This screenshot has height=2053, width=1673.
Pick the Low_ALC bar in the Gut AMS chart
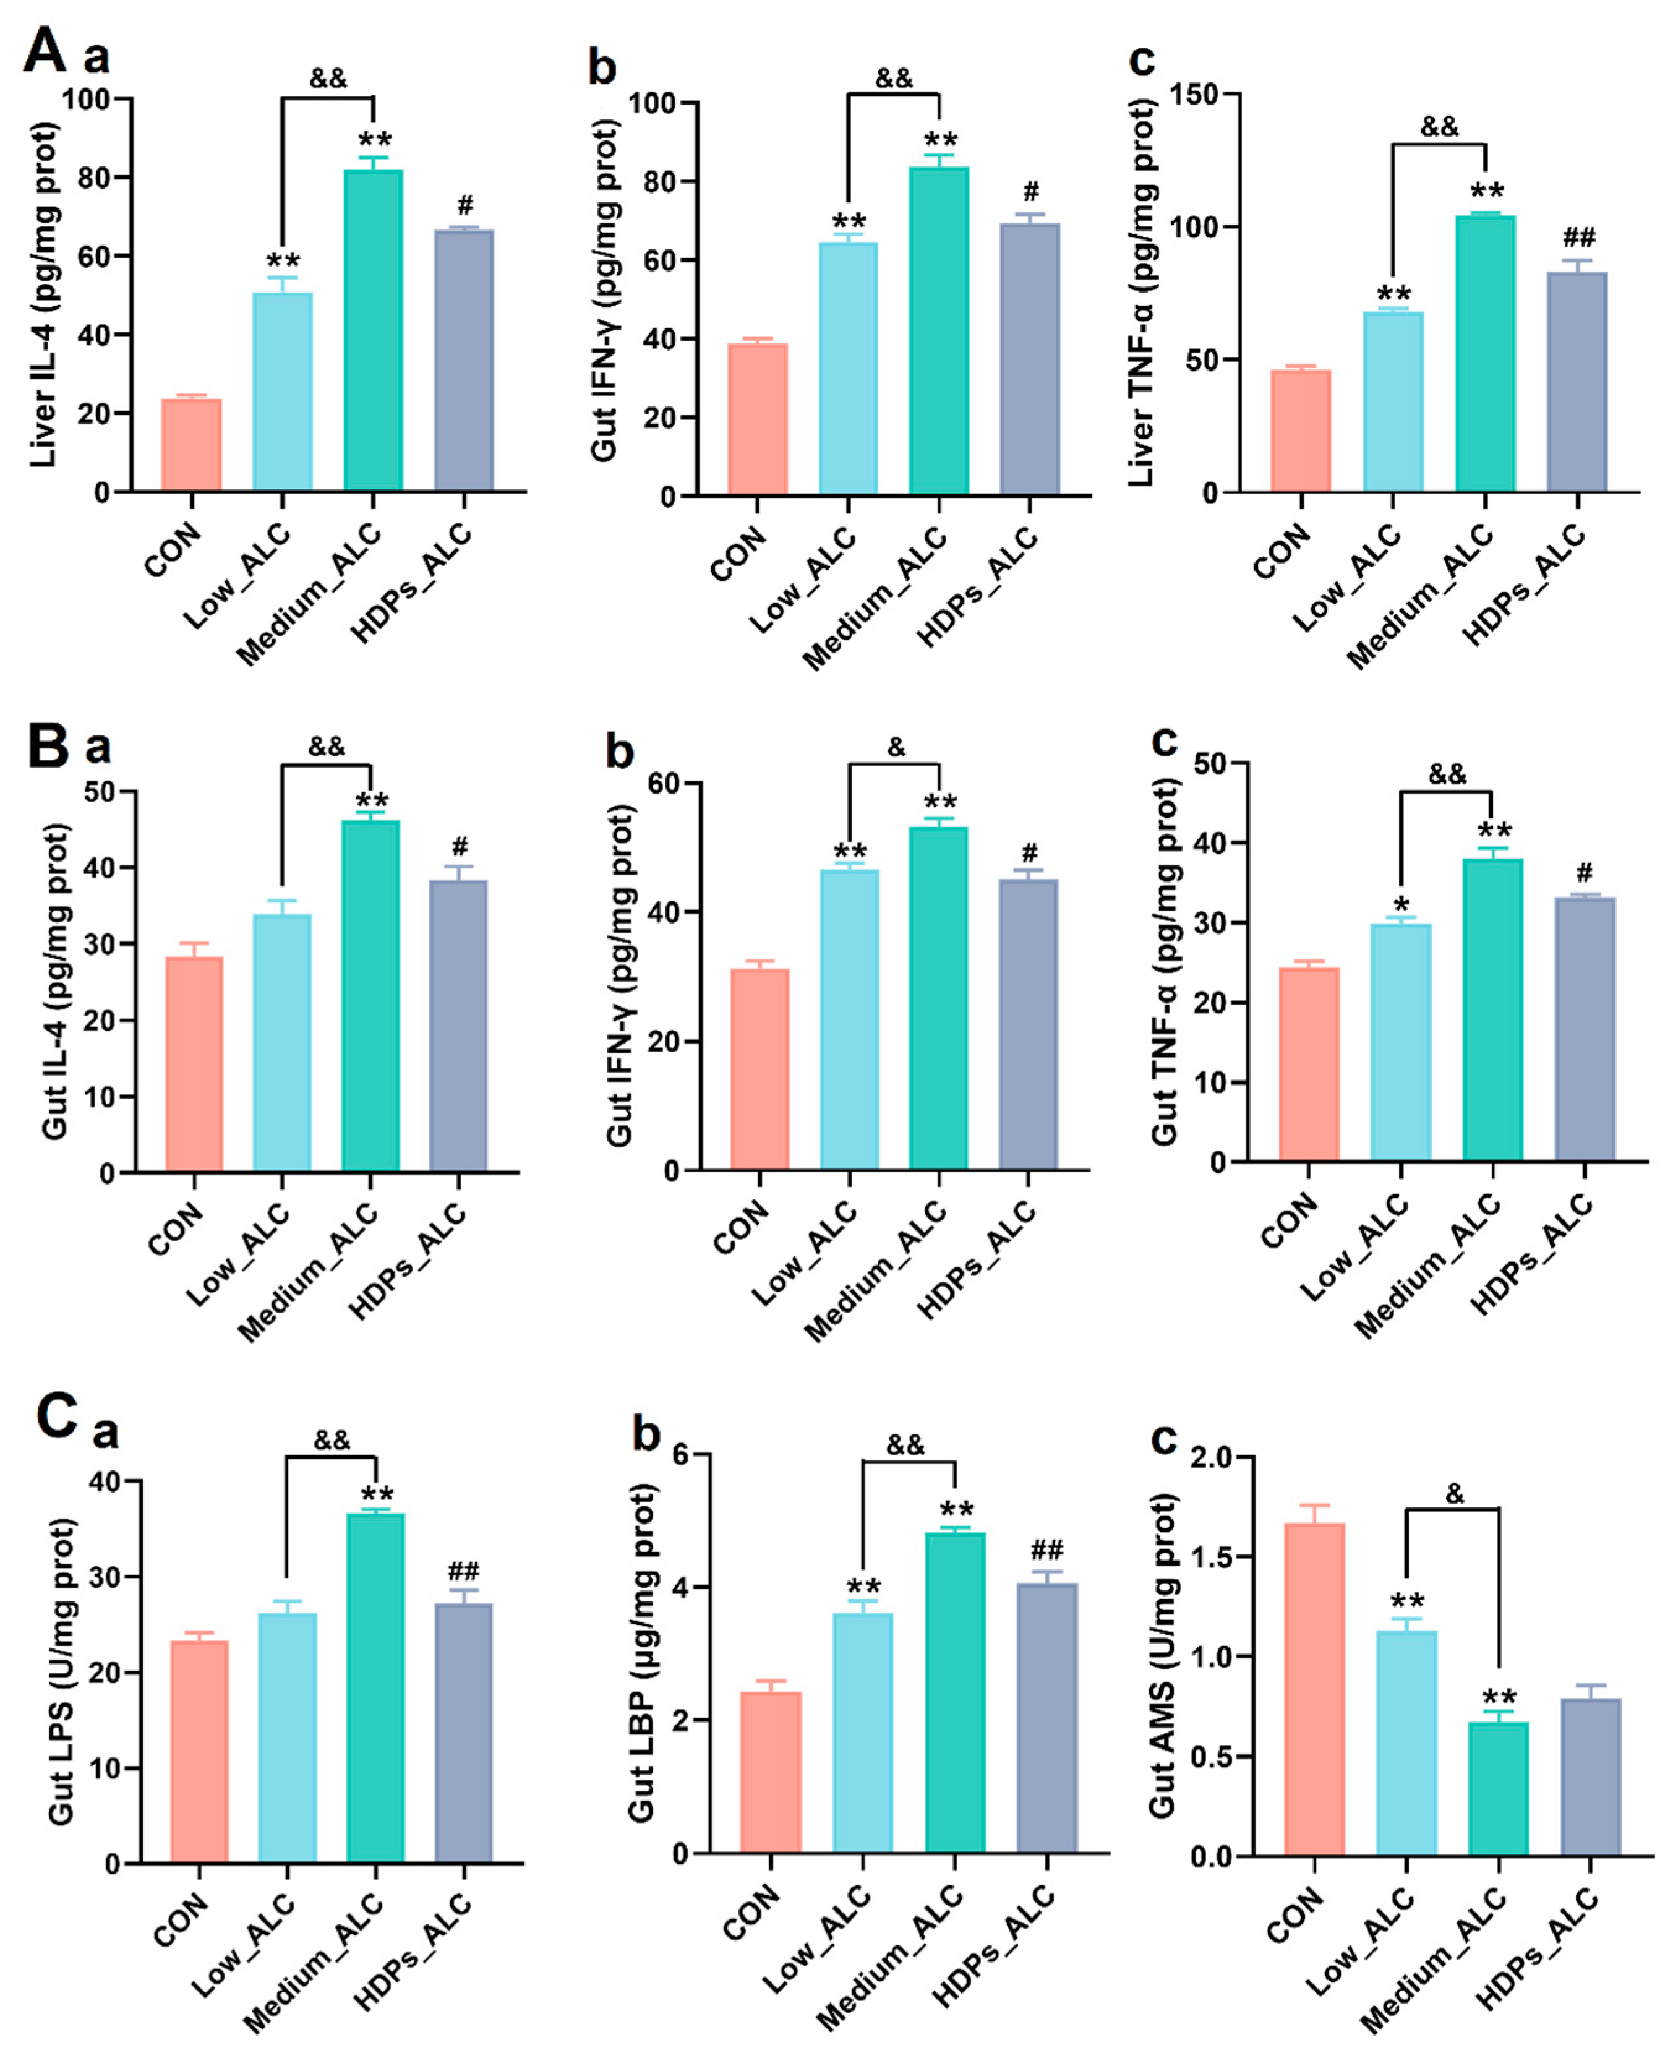tap(1406, 1742)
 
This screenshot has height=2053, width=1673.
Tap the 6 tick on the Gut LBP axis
tap(682, 1454)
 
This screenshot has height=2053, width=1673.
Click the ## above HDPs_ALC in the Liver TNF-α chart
tap(1578, 237)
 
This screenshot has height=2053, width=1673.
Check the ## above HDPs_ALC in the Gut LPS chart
tap(463, 1571)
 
